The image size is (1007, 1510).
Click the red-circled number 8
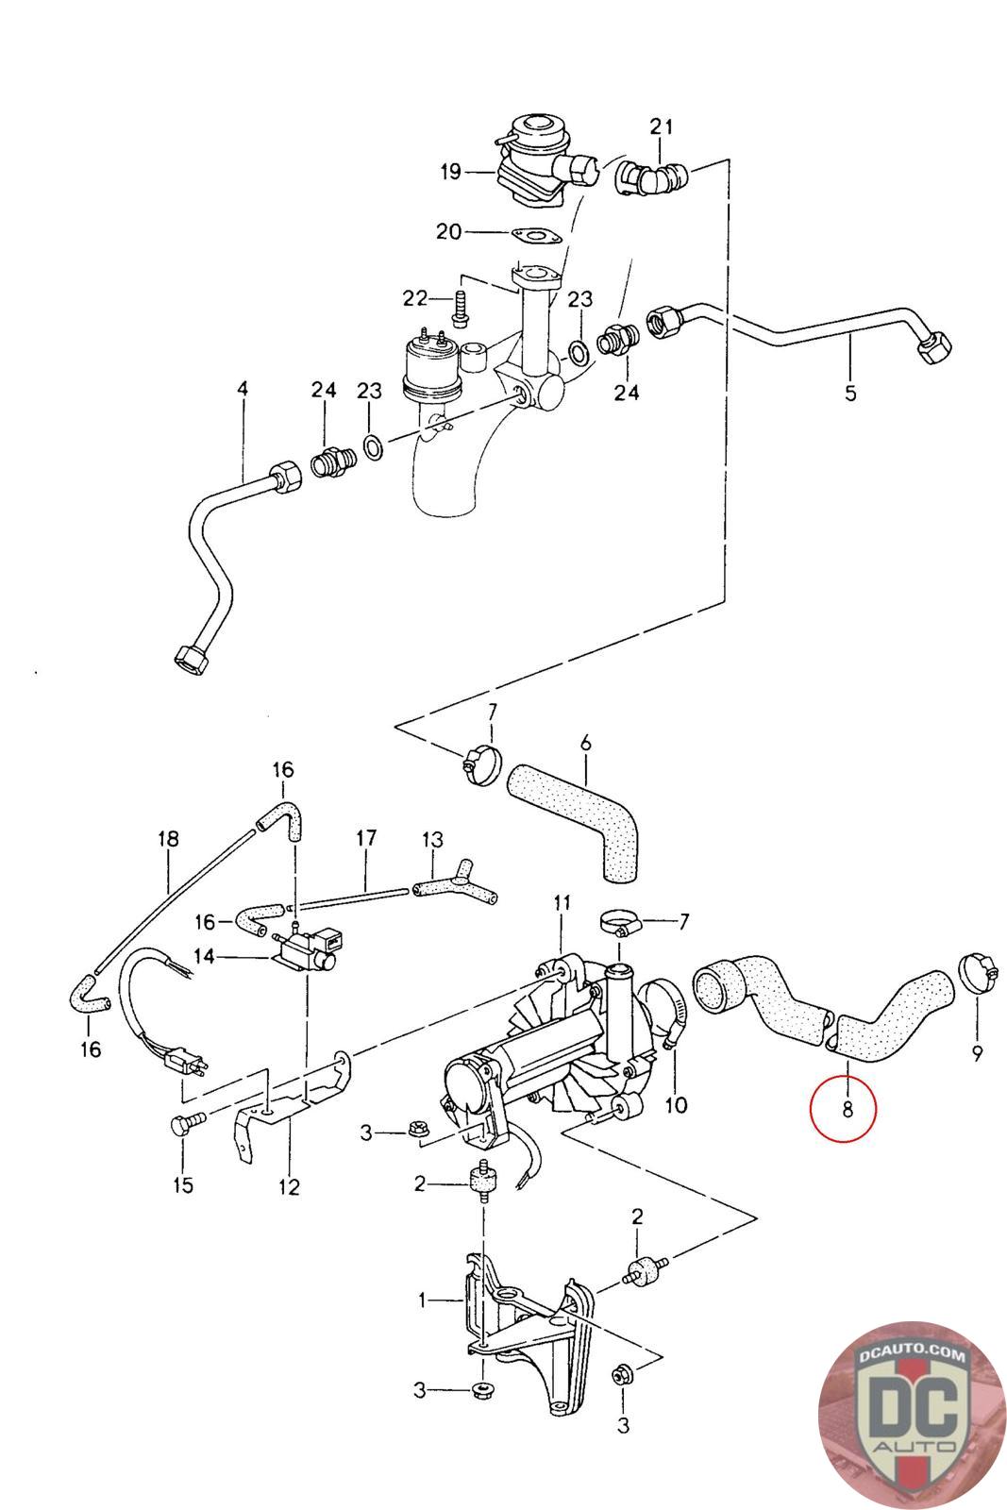[x=848, y=1108]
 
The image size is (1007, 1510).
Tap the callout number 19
[x=451, y=172]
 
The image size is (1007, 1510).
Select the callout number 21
[x=662, y=126]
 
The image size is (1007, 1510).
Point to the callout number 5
[x=850, y=393]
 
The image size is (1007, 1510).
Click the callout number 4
[x=243, y=388]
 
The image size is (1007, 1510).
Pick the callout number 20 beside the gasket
[x=449, y=232]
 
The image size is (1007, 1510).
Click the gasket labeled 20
[x=536, y=236]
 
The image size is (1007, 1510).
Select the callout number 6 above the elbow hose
[x=585, y=743]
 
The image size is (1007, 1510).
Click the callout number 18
[x=169, y=839]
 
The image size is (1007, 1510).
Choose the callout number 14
[x=204, y=956]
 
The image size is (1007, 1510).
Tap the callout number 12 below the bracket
[x=289, y=1186]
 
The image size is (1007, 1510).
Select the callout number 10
[x=676, y=1104]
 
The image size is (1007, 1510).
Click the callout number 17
[x=366, y=839]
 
